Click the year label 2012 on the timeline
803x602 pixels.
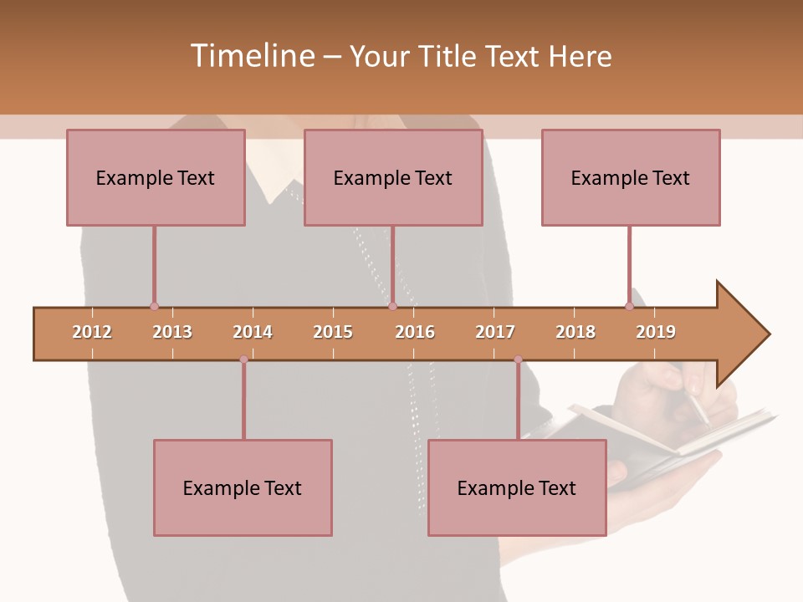92,332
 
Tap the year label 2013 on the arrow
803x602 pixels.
172,332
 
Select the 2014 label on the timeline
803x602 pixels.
253,332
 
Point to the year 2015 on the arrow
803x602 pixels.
333,332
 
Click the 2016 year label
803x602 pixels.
415,332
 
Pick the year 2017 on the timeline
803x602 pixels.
495,332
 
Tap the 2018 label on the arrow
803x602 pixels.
575,332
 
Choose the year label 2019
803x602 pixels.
656,332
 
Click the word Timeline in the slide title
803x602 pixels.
251,56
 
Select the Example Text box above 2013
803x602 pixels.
156,178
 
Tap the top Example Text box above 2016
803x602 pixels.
393,178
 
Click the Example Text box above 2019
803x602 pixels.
631,178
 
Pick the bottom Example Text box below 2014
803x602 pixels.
243,488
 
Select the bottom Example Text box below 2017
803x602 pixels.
517,488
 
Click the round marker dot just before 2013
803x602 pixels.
154,306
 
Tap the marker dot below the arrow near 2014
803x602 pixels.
243,360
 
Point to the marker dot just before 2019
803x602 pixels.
629,306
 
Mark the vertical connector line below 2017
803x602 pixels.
518,400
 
